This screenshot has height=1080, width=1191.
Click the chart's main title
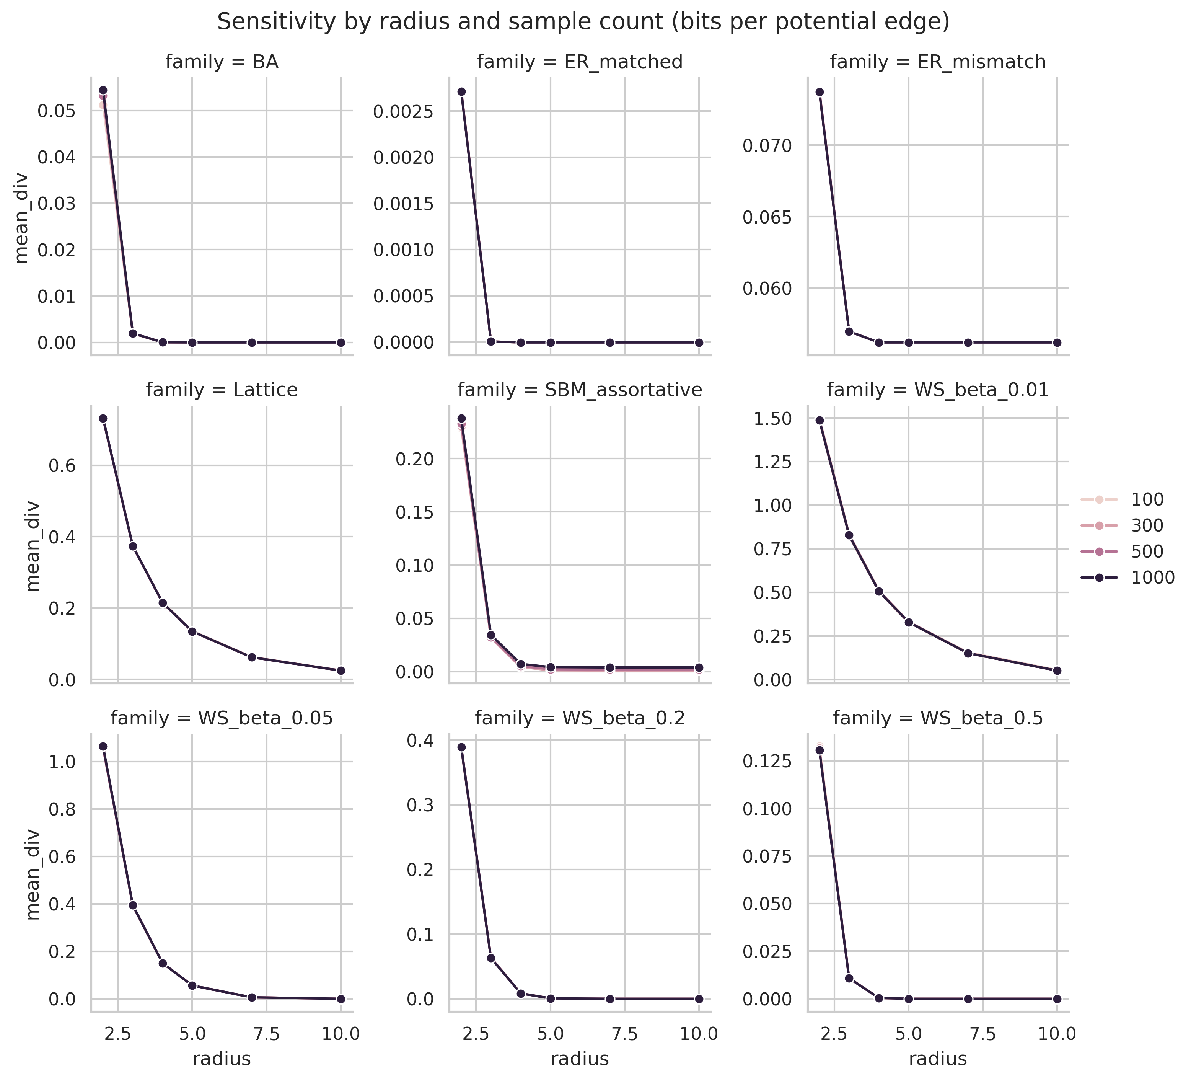pyautogui.click(x=583, y=22)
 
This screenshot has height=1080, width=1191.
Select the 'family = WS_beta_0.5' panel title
pyautogui.click(x=938, y=718)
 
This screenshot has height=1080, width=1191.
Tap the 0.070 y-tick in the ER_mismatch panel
pyautogui.click(x=766, y=145)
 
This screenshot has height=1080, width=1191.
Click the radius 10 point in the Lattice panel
pyautogui.click(x=341, y=671)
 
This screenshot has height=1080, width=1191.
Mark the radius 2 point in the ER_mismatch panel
pyautogui.click(x=820, y=92)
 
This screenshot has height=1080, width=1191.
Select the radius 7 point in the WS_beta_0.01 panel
pyautogui.click(x=968, y=653)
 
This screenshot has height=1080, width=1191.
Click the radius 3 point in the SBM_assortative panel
pyautogui.click(x=491, y=635)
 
